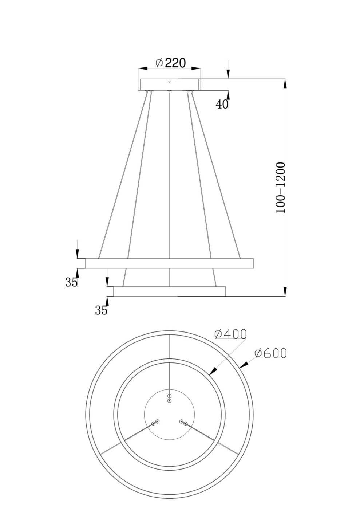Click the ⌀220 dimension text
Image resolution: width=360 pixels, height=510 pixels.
pos(170,63)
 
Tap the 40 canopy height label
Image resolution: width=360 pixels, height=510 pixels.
pos(222,104)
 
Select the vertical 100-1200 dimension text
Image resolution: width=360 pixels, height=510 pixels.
pos(281,188)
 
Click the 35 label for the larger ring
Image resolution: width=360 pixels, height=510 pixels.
pos(71,282)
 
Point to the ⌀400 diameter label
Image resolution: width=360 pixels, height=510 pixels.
pos(230,333)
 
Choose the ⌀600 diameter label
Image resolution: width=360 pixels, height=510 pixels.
pos(270,353)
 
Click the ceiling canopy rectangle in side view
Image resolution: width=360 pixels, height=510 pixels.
pos(169,84)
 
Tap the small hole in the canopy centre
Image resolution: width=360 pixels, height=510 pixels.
pos(169,82)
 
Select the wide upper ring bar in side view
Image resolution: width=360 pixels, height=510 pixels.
pos(169,263)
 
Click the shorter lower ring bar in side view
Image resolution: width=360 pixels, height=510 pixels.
pos(169,291)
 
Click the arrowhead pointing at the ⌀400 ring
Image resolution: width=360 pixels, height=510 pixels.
pos(213,371)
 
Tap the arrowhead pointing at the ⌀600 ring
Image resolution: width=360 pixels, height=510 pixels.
pos(244,364)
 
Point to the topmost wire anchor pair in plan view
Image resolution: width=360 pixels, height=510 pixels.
pos(169,398)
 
